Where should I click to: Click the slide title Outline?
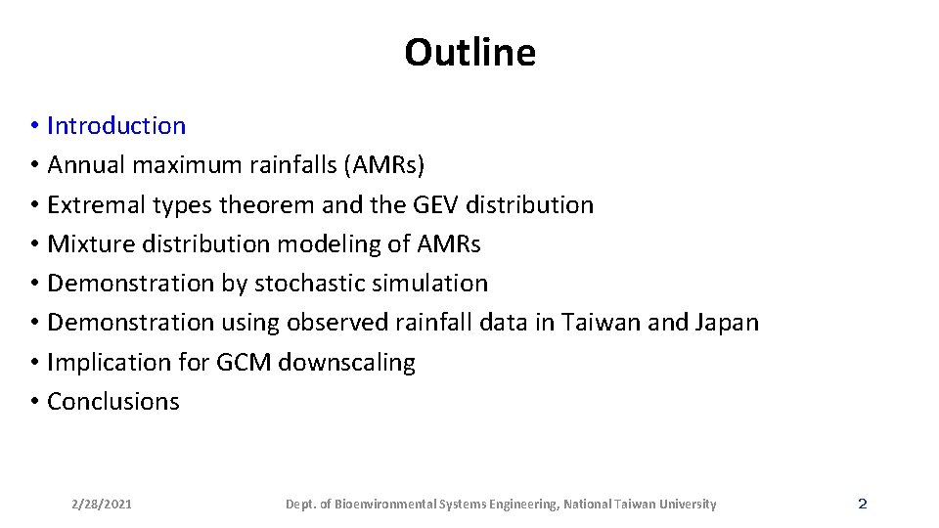coord(469,52)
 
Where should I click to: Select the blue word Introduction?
coord(116,126)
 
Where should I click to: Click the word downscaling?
coord(347,362)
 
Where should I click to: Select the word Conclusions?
coord(113,401)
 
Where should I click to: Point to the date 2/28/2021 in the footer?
coord(102,505)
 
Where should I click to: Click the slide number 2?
coord(862,504)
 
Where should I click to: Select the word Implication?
coord(102,362)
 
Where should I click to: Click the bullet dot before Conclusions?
coord(33,402)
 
